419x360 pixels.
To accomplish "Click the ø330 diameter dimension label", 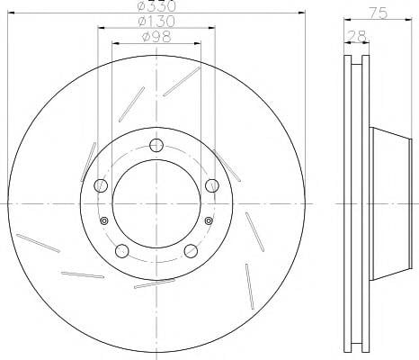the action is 156,6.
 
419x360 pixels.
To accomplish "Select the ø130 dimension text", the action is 156,22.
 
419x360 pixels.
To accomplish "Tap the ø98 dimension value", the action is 156,37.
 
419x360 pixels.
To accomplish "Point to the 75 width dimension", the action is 379,13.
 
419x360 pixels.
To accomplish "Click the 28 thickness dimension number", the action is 357,36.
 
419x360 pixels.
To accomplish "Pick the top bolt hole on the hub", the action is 156,145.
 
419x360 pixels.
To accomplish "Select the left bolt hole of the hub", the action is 101,185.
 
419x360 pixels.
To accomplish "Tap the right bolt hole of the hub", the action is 212,185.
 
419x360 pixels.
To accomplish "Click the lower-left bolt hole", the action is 122,251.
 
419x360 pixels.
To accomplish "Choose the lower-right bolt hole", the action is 191,251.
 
